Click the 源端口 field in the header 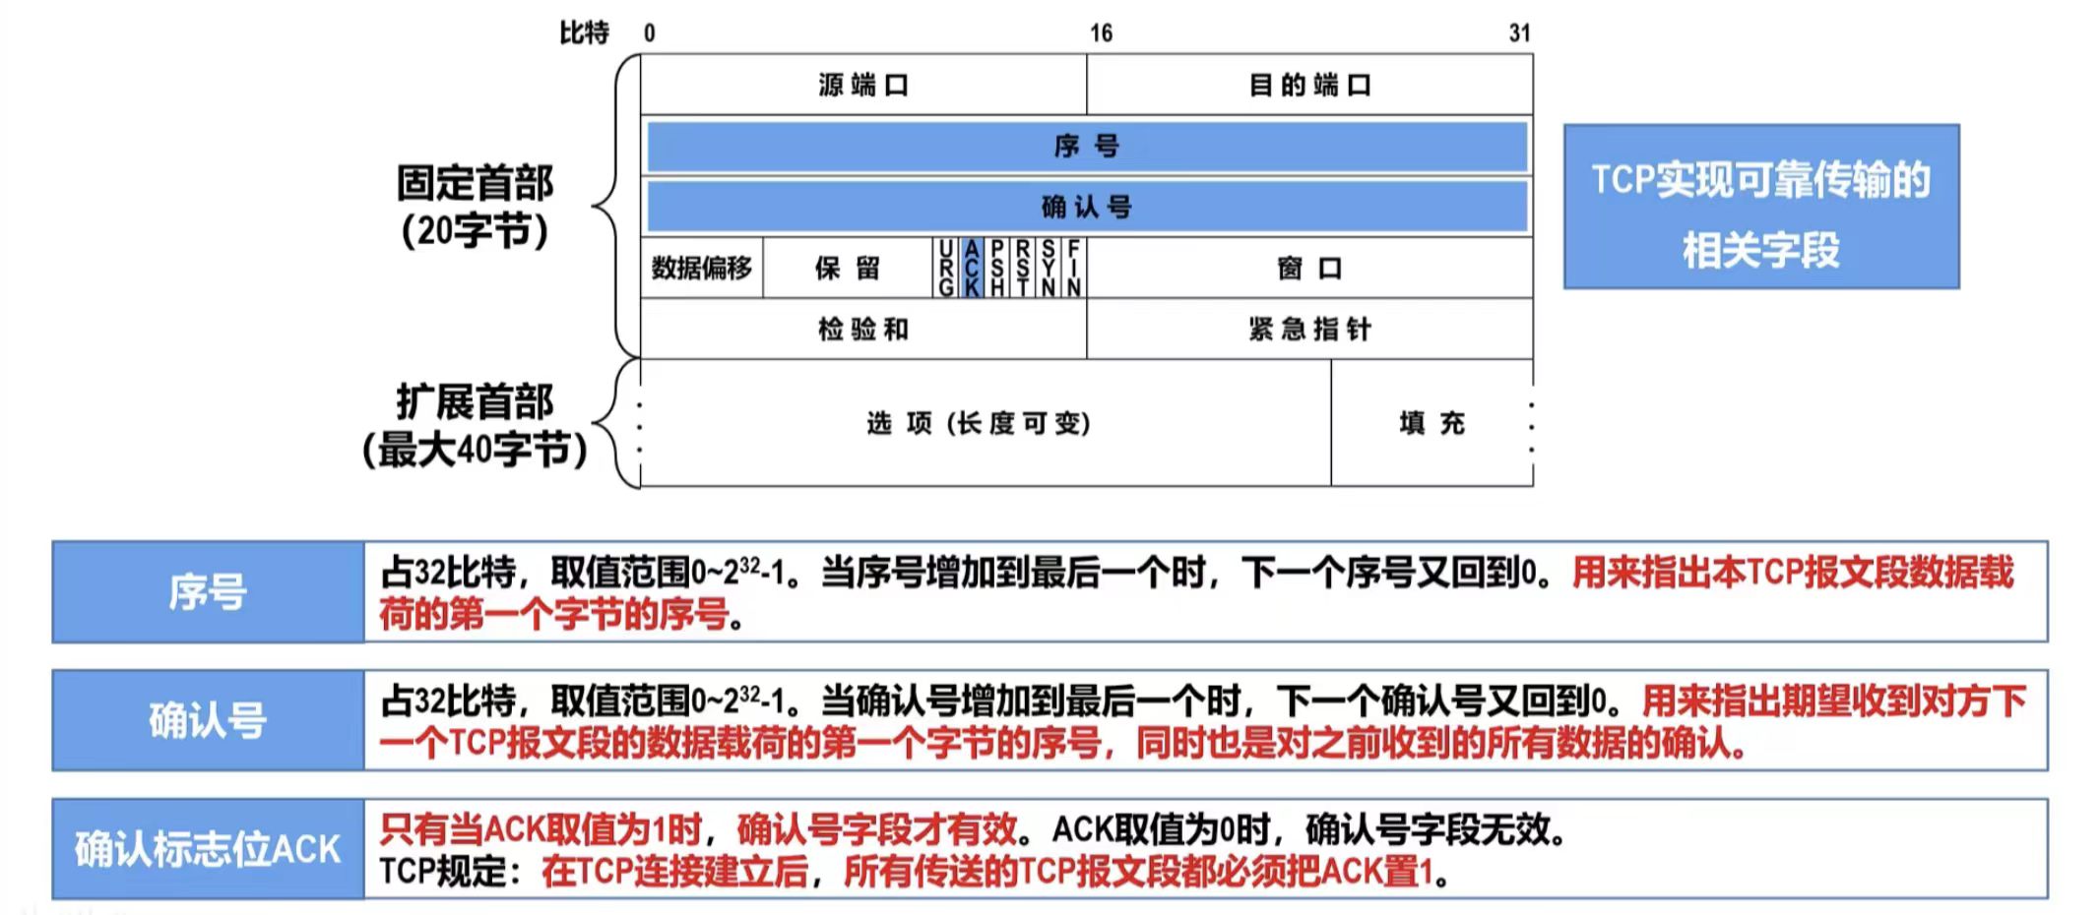[x=863, y=86]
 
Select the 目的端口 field [x=1309, y=86]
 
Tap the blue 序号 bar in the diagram [x=1087, y=147]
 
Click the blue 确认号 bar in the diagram [x=1087, y=207]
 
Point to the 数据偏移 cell [x=701, y=268]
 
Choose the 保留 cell [x=847, y=268]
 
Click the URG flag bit [x=946, y=268]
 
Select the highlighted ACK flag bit [x=972, y=268]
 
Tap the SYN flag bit [x=1049, y=268]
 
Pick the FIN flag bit [x=1073, y=268]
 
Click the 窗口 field [x=1309, y=268]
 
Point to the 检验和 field [x=863, y=329]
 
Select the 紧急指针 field [x=1309, y=329]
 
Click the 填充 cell [x=1432, y=423]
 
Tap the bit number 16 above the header [x=1101, y=33]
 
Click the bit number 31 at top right [x=1519, y=33]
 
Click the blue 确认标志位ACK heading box [x=208, y=849]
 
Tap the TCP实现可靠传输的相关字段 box [x=1761, y=207]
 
